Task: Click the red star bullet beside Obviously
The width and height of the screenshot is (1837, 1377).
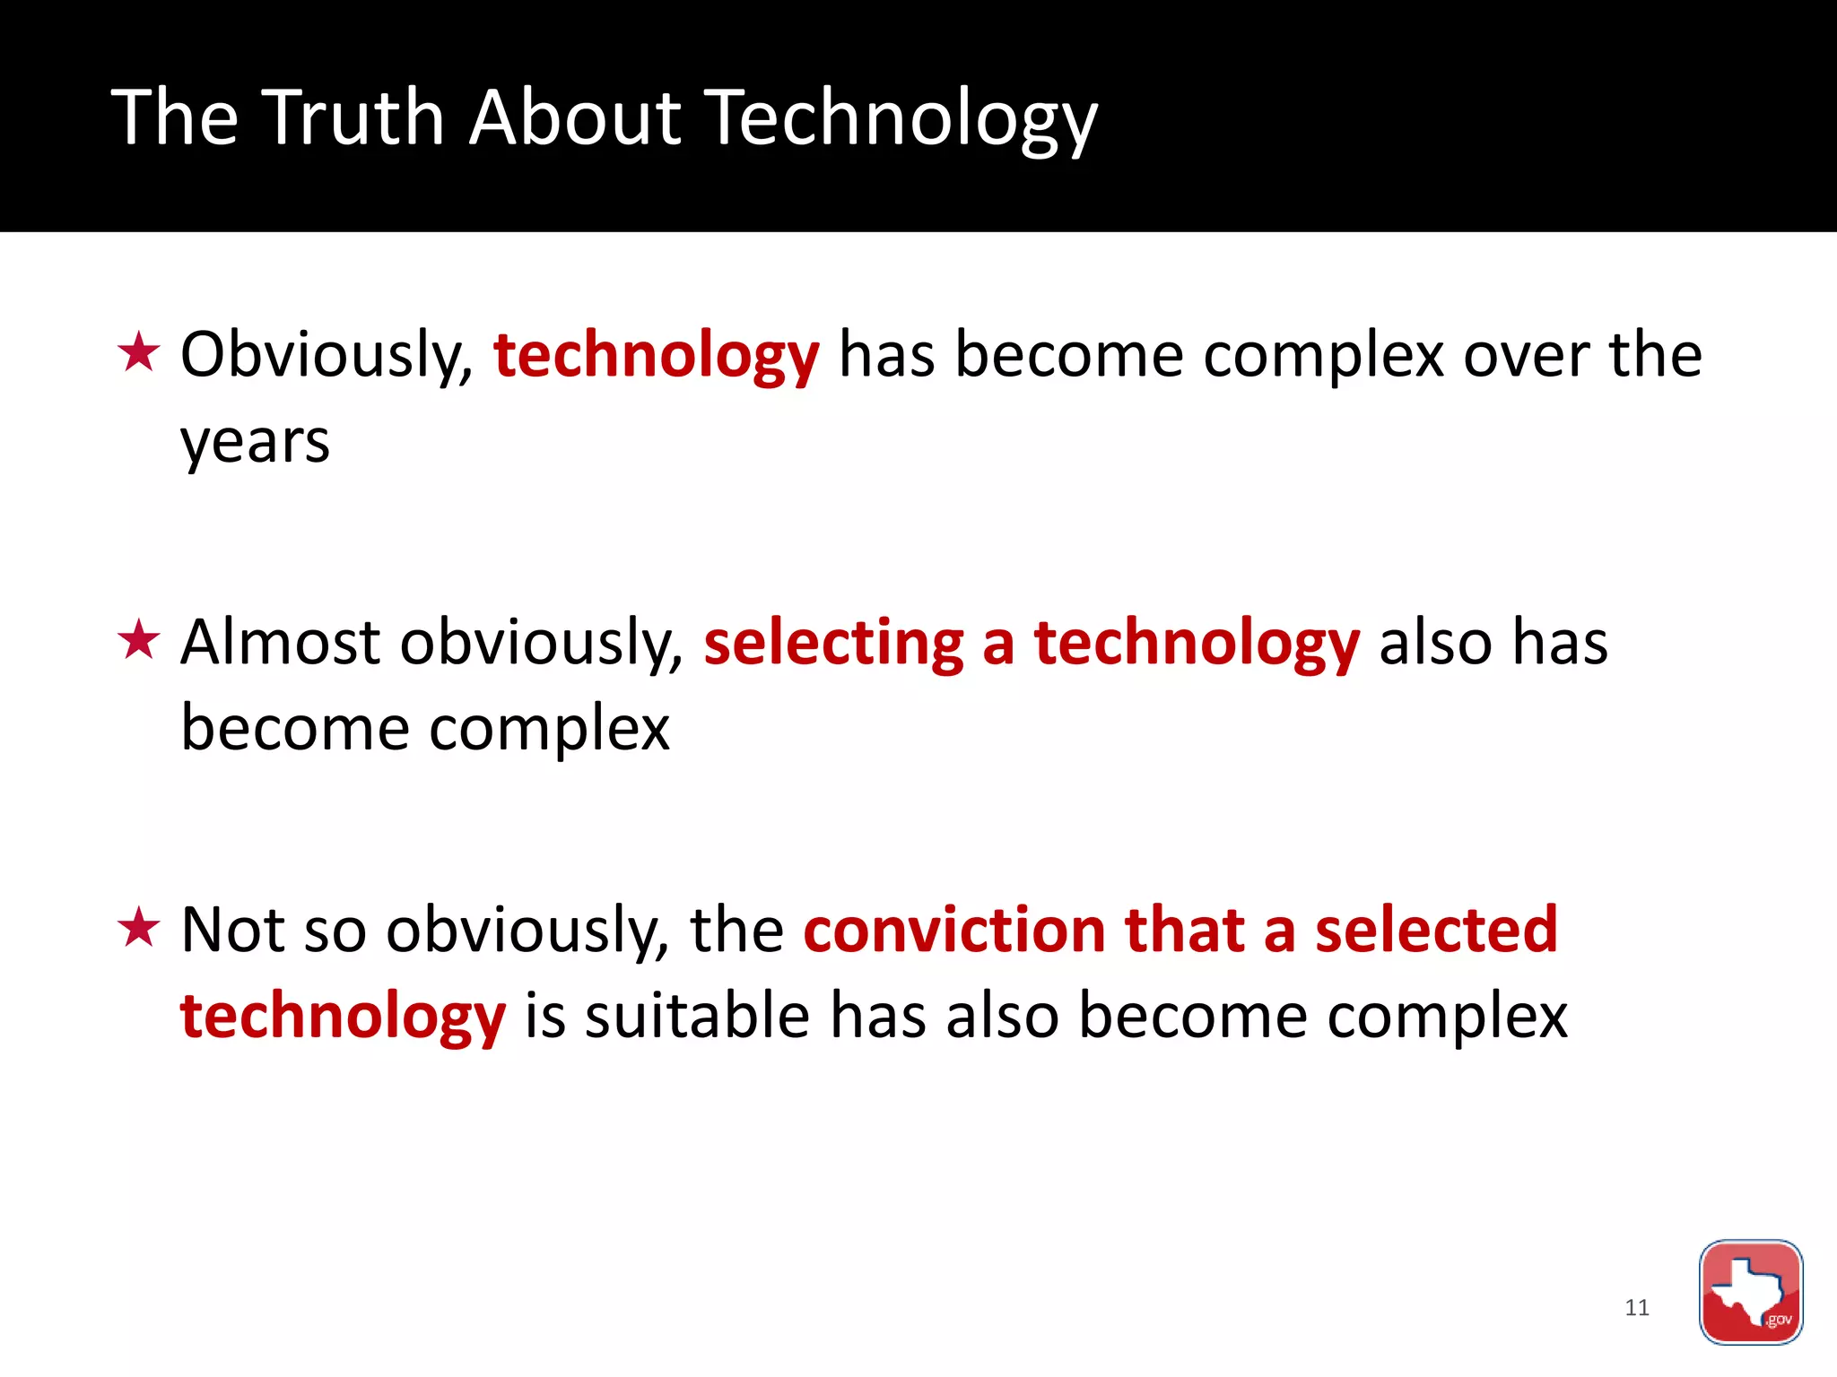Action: [139, 352]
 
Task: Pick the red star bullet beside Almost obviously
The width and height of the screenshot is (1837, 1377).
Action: [139, 640]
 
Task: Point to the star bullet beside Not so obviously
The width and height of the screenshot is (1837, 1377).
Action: [139, 928]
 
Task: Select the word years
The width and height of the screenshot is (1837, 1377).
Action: [255, 443]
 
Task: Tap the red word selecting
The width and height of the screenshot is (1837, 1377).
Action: [833, 645]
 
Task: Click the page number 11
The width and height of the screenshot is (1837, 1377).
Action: [1636, 1308]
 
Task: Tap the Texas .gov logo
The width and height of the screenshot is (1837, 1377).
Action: [1750, 1292]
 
